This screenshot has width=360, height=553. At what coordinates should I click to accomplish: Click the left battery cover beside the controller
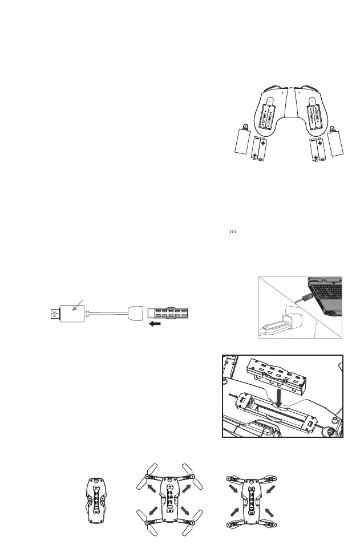244,141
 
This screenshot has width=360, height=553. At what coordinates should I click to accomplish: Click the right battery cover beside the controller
336,141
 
